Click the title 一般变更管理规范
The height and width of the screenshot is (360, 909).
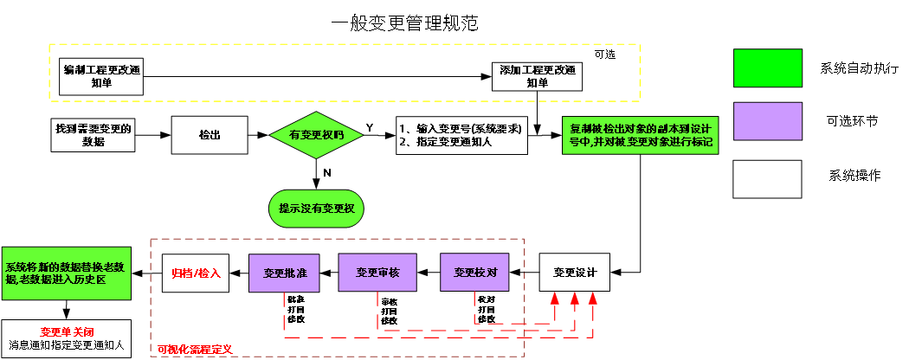(404, 23)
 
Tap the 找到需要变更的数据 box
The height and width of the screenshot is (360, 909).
(93, 135)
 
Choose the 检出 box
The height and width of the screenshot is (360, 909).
(210, 135)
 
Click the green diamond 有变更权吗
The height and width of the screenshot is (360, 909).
(316, 136)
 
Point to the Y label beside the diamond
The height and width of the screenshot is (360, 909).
(370, 127)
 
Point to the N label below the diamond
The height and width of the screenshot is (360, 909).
(326, 173)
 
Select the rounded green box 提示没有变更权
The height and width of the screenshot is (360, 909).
(317, 209)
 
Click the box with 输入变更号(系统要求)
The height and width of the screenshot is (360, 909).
(461, 135)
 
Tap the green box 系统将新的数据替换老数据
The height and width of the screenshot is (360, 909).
(66, 273)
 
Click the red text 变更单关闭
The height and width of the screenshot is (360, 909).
(66, 331)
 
